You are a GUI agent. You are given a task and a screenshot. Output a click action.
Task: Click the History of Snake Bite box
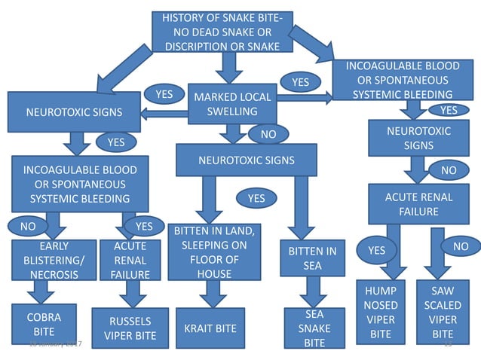222,32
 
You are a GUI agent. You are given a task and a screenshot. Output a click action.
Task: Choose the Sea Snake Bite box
314,328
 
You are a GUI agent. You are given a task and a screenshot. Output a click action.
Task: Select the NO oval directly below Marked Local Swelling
268,134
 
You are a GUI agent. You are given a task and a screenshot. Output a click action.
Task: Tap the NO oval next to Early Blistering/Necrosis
28,225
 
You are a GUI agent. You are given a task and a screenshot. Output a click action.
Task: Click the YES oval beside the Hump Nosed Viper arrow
376,250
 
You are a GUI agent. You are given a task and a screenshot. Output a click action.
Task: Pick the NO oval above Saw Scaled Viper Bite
459,246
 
